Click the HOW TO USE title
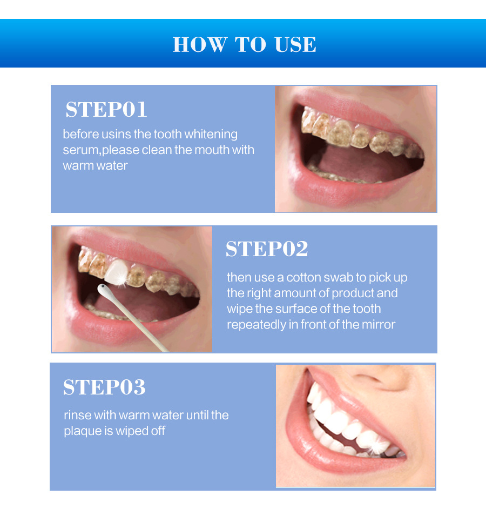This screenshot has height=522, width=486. coord(244,44)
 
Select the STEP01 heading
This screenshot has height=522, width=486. coord(106,110)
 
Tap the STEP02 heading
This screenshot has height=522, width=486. coord(267,249)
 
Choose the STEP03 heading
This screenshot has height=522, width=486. coord(104,387)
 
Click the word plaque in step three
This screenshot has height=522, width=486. coord(82,431)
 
